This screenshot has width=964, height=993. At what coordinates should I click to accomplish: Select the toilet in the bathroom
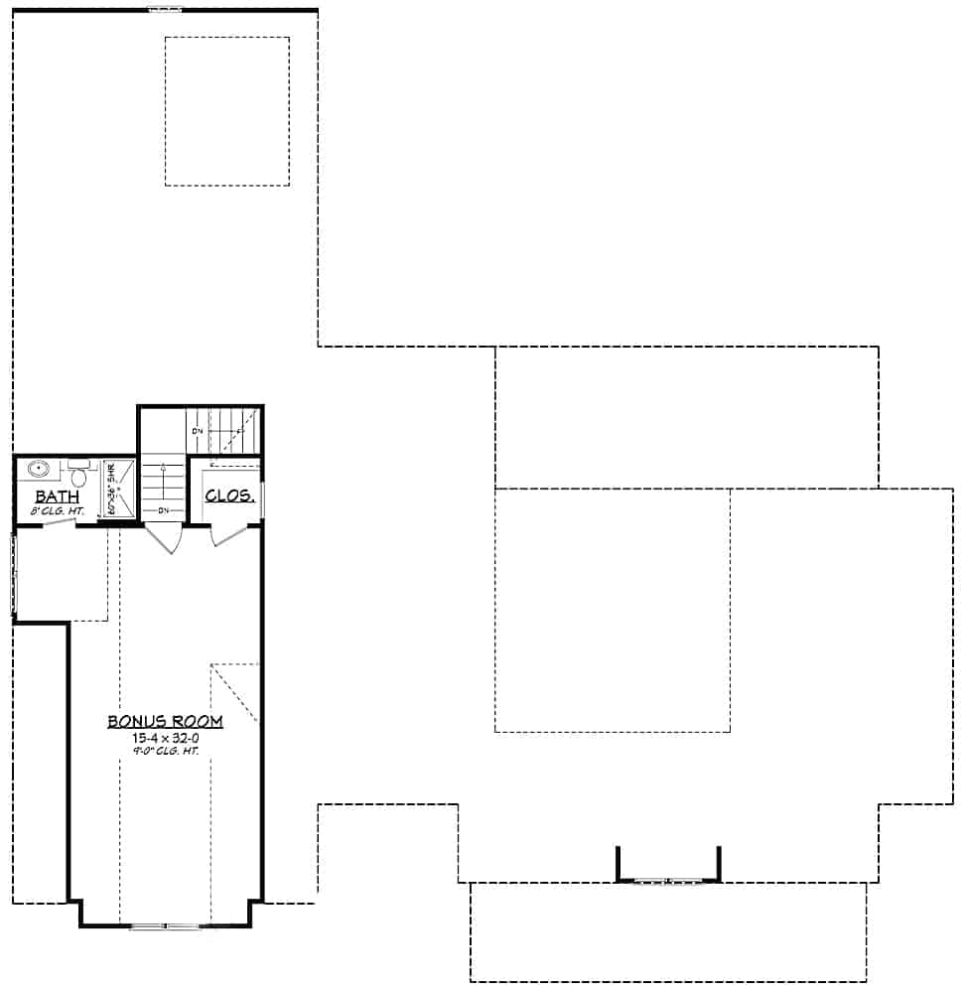pyautogui.click(x=80, y=476)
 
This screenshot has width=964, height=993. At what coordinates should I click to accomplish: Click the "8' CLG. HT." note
pyautogui.click(x=58, y=511)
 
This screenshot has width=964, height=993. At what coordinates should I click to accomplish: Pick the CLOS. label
pyautogui.click(x=230, y=495)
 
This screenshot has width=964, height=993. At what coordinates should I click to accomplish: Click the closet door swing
pyautogui.click(x=228, y=536)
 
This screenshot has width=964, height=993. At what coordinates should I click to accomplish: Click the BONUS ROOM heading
pyautogui.click(x=166, y=721)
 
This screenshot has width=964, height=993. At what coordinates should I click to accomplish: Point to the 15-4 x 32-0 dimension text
pyautogui.click(x=166, y=738)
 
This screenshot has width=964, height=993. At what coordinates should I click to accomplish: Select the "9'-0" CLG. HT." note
pyautogui.click(x=166, y=752)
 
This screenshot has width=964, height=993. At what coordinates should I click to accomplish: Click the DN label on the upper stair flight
pyautogui.click(x=198, y=431)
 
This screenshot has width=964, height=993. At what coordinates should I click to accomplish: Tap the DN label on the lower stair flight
pyautogui.click(x=164, y=510)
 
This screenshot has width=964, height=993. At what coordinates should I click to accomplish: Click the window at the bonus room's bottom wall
pyautogui.click(x=165, y=926)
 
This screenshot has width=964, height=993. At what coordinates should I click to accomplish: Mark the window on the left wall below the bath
pyautogui.click(x=14, y=575)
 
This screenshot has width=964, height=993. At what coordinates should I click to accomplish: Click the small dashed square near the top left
pyautogui.click(x=226, y=110)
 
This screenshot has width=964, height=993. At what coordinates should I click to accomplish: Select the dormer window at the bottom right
pyautogui.click(x=667, y=880)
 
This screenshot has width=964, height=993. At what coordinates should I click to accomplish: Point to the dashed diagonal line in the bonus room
pyautogui.click(x=234, y=691)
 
